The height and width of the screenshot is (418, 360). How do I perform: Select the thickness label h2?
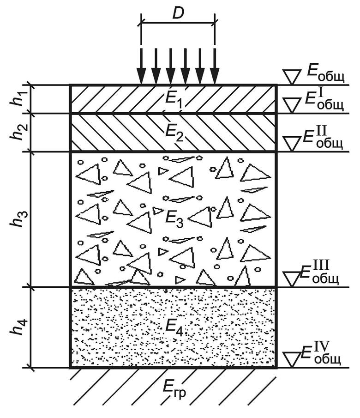[x=16, y=132]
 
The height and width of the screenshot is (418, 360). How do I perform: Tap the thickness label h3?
[x=16, y=219]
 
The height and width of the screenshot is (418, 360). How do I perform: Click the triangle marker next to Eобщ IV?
[x=291, y=358]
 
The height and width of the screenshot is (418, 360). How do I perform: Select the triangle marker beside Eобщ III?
[x=291, y=278]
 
